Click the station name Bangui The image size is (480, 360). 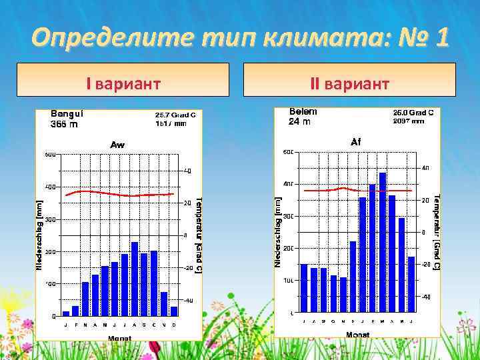(67, 113)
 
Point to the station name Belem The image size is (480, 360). (303, 112)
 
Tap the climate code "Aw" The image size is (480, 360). (117, 145)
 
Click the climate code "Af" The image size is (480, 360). (356, 142)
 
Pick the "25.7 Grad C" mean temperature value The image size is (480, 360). (171, 114)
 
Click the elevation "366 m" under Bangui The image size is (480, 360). (64, 123)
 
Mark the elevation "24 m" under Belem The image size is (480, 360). (299, 122)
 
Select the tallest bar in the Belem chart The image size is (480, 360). (383, 242)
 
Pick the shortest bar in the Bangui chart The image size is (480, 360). (65, 313)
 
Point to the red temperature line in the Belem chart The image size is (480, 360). (360, 190)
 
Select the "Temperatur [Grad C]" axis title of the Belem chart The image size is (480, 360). (437, 232)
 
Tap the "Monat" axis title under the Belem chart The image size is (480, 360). (358, 334)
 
